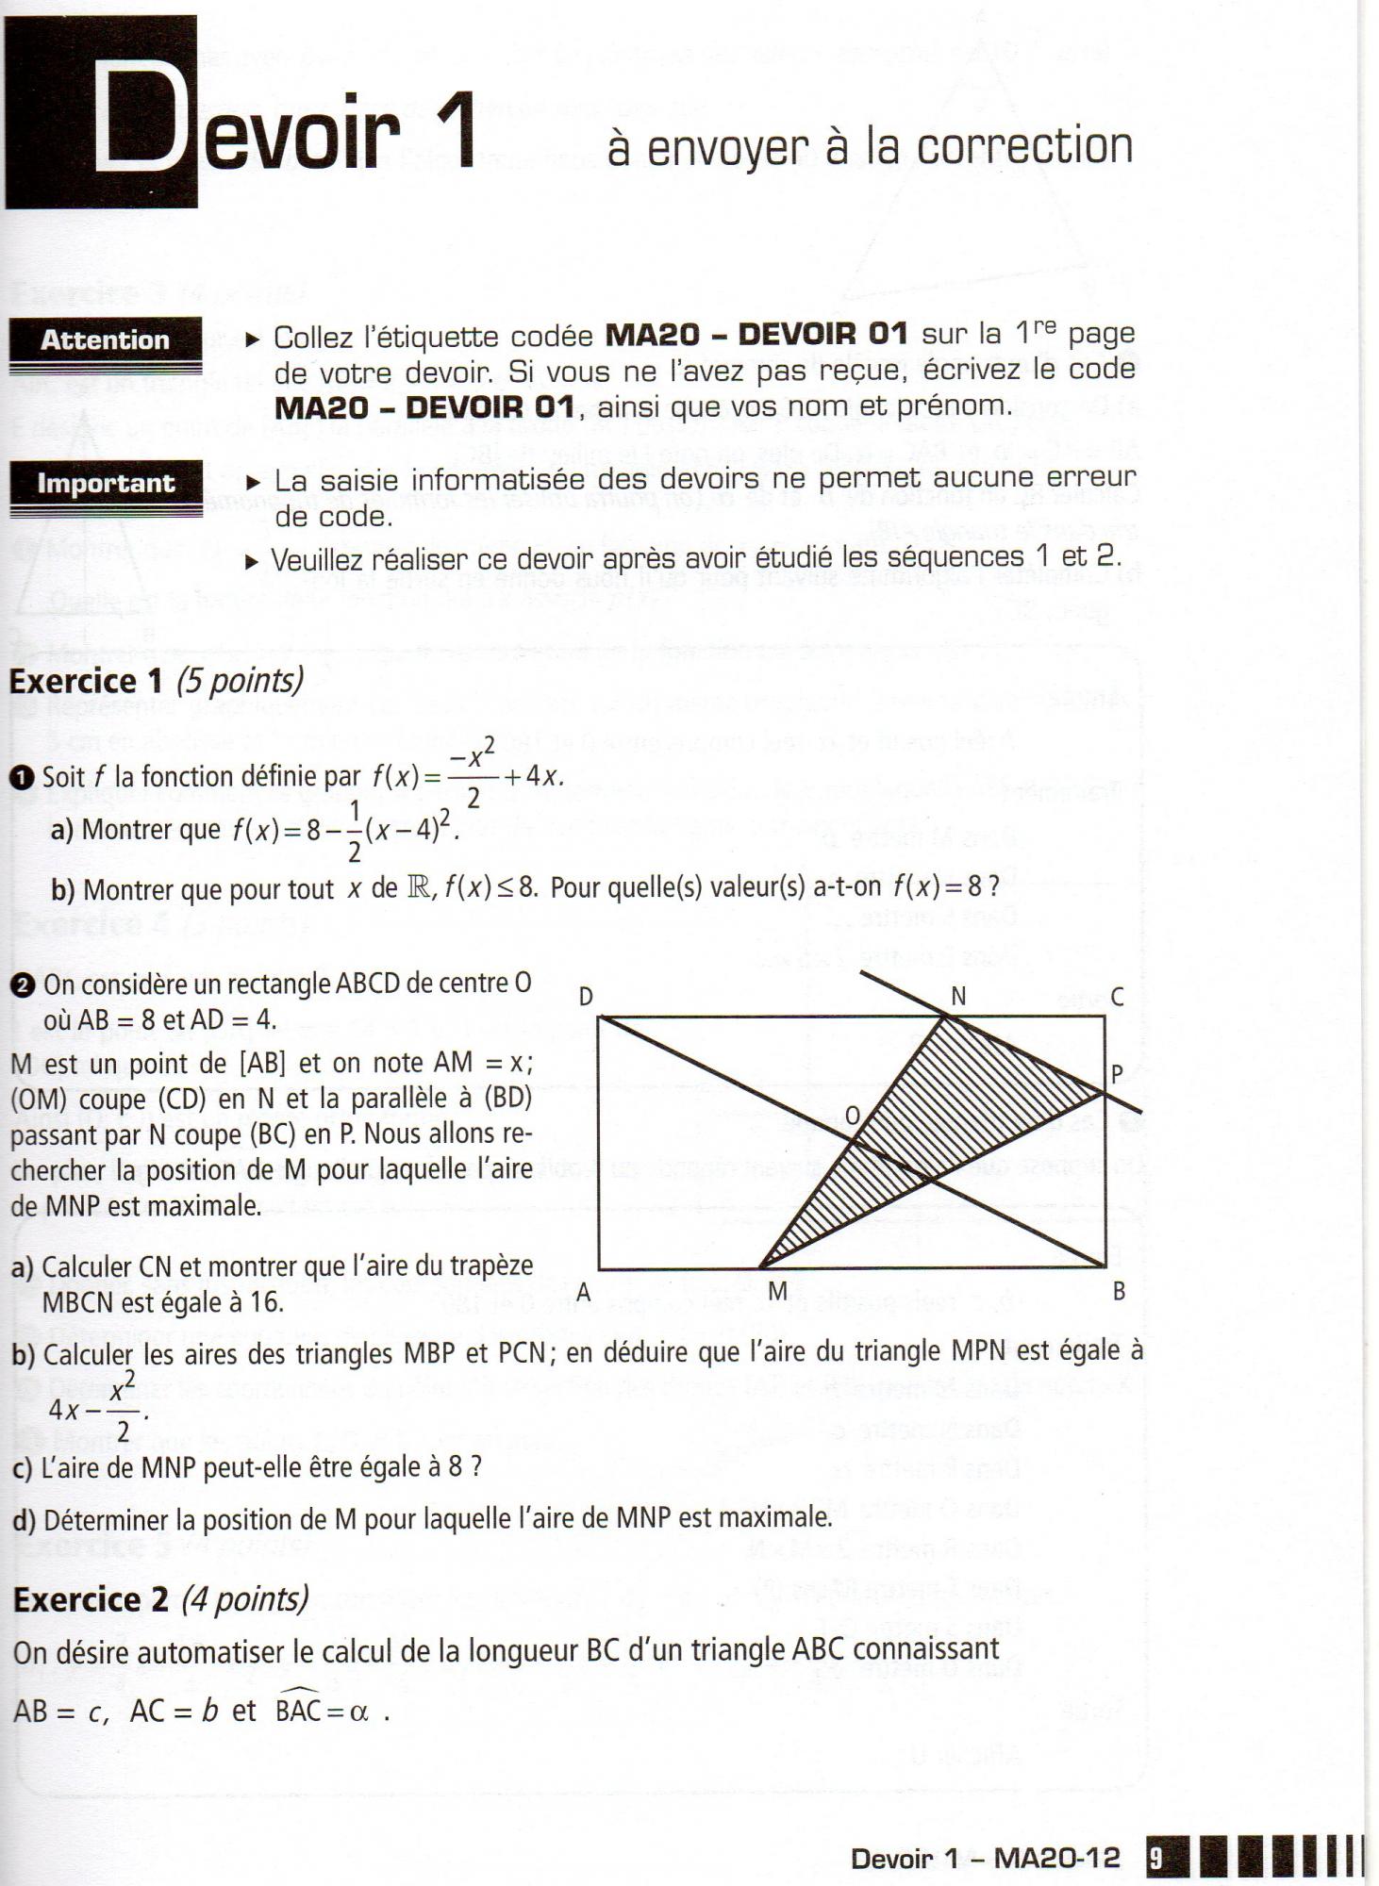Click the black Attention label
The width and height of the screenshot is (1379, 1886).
coord(105,340)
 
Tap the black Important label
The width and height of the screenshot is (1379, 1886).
coord(106,484)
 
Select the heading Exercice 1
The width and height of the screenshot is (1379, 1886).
coord(86,681)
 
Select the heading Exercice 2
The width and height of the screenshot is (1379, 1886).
coord(90,1599)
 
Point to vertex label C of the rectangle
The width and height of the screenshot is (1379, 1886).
coord(1117,997)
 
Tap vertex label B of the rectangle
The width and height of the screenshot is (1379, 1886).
coord(1119,1292)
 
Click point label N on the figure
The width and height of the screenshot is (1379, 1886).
coord(958,997)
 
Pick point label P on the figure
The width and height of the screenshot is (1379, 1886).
coord(1118,1074)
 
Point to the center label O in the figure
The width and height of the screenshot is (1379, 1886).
coord(852,1117)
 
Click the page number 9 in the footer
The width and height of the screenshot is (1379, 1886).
coord(1155,1859)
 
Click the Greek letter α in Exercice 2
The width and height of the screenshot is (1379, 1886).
coord(358,1712)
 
